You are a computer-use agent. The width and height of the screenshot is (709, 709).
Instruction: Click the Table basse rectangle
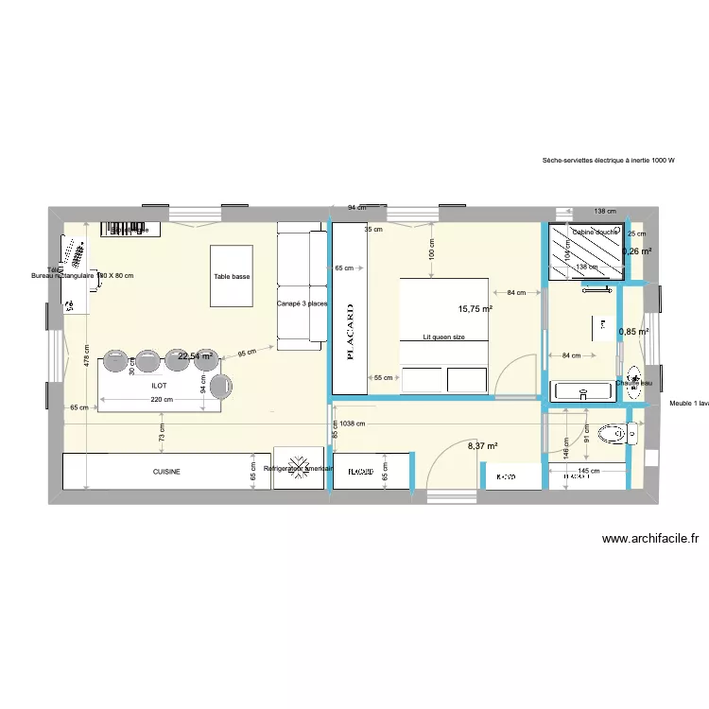click(x=232, y=275)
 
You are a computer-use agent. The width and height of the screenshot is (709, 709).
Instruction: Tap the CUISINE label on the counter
click(x=166, y=471)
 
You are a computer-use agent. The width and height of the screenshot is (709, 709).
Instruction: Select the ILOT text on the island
click(x=159, y=386)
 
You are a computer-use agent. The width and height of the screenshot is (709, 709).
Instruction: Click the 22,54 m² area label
click(x=197, y=356)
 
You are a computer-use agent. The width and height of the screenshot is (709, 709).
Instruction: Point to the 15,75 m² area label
click(x=476, y=308)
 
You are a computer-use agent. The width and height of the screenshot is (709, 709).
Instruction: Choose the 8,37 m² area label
click(x=482, y=446)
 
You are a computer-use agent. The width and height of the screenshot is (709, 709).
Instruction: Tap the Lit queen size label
click(x=444, y=337)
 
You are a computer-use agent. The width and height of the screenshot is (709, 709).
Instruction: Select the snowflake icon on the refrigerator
click(x=298, y=469)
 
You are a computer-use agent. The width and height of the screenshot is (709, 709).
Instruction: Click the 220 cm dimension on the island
click(x=162, y=400)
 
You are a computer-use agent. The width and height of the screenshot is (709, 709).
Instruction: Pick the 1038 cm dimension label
click(x=354, y=424)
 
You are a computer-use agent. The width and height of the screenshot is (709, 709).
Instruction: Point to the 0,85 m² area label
click(x=633, y=332)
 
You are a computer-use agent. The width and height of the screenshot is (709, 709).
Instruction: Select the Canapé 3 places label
click(x=303, y=304)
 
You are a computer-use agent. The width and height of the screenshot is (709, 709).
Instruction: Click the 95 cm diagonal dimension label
click(x=247, y=354)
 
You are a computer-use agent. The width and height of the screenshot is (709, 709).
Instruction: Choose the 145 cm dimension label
click(x=588, y=471)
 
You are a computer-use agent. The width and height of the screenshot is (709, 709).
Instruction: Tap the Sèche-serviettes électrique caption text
click(x=609, y=161)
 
